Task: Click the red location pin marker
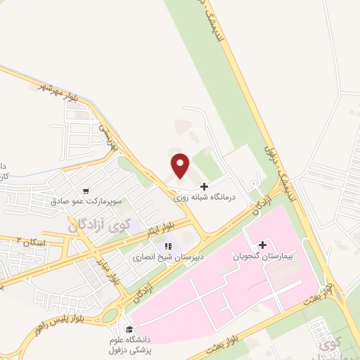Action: pos(181,166)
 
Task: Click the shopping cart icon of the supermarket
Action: pos(86,190)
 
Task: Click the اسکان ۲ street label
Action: pos(32,241)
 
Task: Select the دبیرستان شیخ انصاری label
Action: pos(167,257)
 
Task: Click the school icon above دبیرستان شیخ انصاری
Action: pos(167,246)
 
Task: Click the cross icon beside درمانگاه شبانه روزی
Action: pos(204,187)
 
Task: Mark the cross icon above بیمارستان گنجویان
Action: pos(262,245)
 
